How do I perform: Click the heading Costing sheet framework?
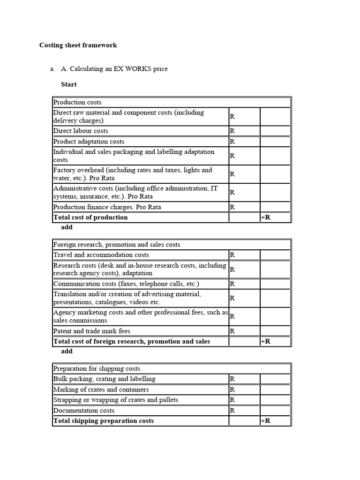(78, 45)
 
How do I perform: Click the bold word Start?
(69, 85)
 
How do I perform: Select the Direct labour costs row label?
(81, 131)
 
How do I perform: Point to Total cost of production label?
(90, 217)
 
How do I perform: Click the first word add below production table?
(67, 227)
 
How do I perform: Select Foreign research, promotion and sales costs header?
(117, 245)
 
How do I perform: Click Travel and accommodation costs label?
(101, 255)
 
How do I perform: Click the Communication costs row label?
(126, 284)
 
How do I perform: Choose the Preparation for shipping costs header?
(97, 369)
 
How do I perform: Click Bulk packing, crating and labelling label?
(104, 379)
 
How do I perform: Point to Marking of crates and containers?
(101, 390)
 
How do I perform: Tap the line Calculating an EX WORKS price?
(114, 69)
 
